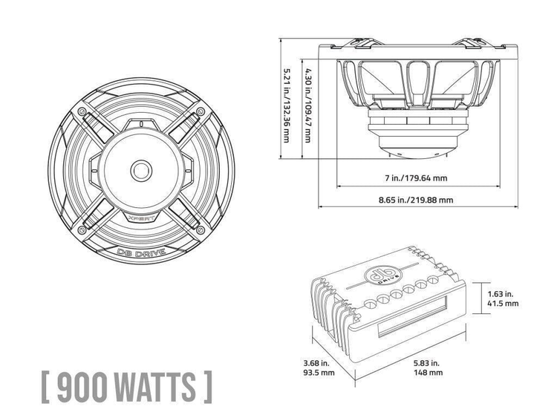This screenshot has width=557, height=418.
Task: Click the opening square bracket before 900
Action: (x=45, y=386)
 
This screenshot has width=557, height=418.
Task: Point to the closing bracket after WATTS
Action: (x=207, y=386)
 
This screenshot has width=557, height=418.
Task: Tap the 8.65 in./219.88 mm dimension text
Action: (x=416, y=200)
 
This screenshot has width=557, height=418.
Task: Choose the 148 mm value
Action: (x=426, y=373)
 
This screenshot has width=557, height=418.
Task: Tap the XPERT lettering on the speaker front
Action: (x=142, y=220)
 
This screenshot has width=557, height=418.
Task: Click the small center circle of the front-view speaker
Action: (x=140, y=169)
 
